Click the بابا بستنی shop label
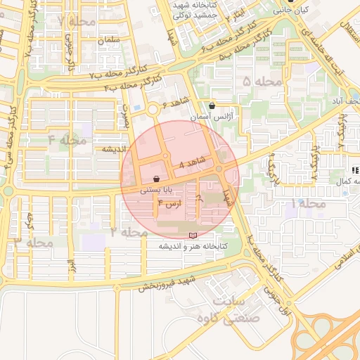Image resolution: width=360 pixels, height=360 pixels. pyautogui.click(x=154, y=189)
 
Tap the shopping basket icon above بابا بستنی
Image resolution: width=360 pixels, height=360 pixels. pyautogui.click(x=155, y=179)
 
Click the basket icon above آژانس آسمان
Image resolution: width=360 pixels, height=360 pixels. pyautogui.click(x=212, y=106)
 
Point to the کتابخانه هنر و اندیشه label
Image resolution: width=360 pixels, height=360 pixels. pyautogui.click(x=189, y=246)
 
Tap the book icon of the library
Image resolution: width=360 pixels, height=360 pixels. pyautogui.click(x=193, y=235)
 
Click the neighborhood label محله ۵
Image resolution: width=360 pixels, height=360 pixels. pyautogui.click(x=261, y=82)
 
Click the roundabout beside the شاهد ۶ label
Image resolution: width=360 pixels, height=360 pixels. pyautogui.click(x=153, y=109)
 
